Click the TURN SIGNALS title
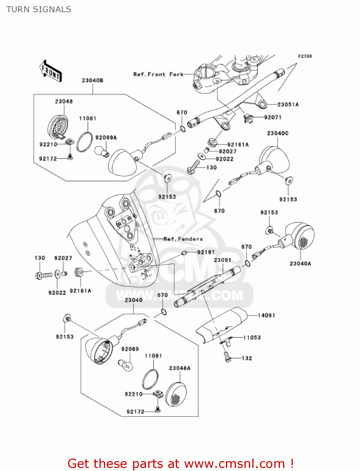pyautogui.click(x=39, y=9)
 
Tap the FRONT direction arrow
pyautogui.click(x=51, y=71)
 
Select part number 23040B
pyautogui.click(x=93, y=80)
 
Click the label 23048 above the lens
pyautogui.click(x=64, y=101)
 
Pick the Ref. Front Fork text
pyautogui.click(x=158, y=74)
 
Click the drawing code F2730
pyautogui.click(x=305, y=56)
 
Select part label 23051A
pyautogui.click(x=288, y=105)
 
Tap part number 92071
pyautogui.click(x=273, y=117)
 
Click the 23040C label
pyautogui.click(x=277, y=133)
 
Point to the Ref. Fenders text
pyautogui.click(x=183, y=239)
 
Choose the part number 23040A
pyautogui.click(x=300, y=263)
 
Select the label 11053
pyautogui.click(x=252, y=338)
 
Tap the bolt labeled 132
pyautogui.click(x=228, y=358)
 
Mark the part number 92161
pyautogui.click(x=206, y=252)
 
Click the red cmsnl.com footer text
pyautogui.click(x=180, y=463)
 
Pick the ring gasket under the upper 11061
pyautogui.click(x=84, y=142)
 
